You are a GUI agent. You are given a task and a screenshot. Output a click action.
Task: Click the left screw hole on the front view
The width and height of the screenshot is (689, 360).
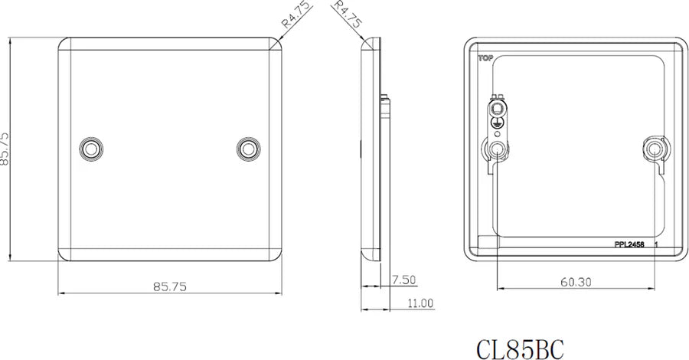click(x=92, y=147)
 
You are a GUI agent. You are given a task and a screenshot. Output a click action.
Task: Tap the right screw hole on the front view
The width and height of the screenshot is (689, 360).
click(x=248, y=147)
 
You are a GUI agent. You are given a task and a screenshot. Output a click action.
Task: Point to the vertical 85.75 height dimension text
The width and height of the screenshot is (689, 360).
click(x=6, y=148)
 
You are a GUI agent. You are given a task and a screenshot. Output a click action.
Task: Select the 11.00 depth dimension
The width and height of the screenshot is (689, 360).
click(x=420, y=303)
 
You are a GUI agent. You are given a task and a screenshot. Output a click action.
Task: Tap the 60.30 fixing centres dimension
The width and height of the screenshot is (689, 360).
click(x=575, y=282)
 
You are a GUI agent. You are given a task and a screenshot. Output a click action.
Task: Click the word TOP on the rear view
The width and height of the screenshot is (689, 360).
click(x=485, y=57)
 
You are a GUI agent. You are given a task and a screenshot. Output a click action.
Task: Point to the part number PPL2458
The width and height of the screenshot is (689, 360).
click(x=629, y=245)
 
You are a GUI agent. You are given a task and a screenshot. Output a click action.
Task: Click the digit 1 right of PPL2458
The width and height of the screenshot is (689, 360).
click(x=657, y=245)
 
